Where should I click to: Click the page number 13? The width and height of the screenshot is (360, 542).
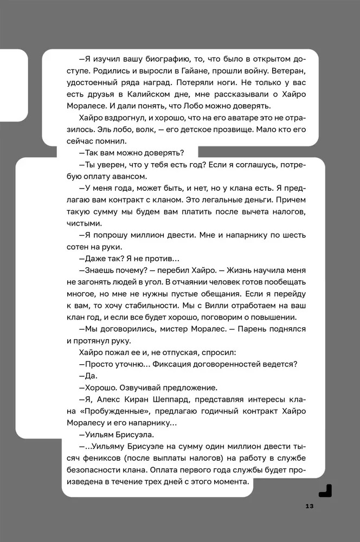(310, 506)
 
